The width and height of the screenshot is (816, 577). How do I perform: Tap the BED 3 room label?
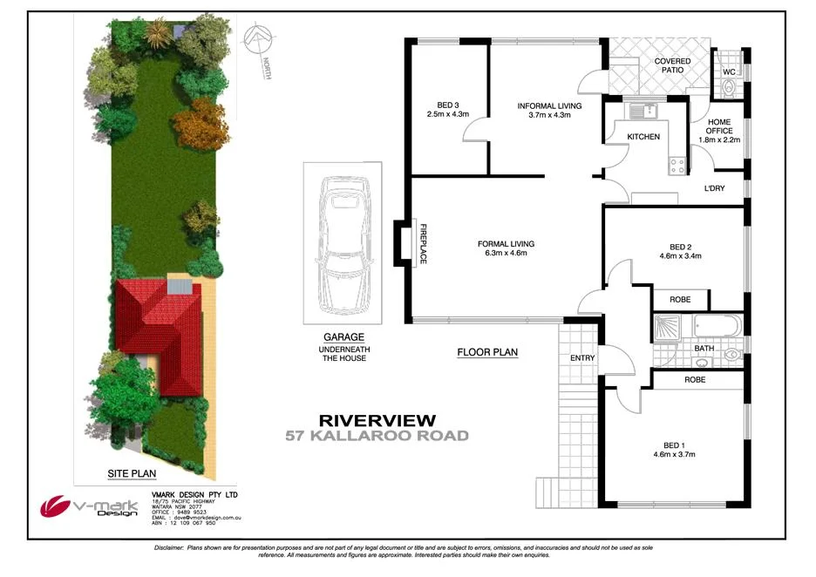pos(448,105)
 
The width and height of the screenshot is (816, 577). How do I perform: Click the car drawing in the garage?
pos(341,247)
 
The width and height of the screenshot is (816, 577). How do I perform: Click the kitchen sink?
pos(643,111)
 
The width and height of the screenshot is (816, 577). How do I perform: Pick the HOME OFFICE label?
pos(719,126)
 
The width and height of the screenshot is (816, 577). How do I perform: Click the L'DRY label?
pos(714,188)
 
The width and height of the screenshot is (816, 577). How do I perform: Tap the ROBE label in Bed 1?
pos(694,380)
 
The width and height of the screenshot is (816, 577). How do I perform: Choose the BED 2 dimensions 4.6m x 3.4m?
pos(679,256)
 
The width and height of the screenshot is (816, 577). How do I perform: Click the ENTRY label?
pos(581,357)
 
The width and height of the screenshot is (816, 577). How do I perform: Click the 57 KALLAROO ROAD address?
pos(377,436)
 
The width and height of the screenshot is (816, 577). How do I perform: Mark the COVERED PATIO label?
pos(672,65)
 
